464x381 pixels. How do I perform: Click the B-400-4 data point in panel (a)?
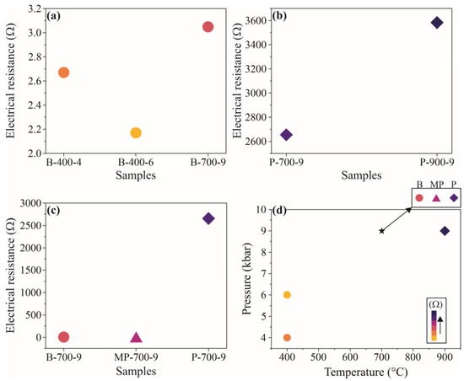pos(63,72)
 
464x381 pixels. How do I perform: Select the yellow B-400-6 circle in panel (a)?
pos(136,133)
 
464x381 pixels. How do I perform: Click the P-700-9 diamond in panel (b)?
pos(287,135)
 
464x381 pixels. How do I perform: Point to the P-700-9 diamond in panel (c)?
pos(208,219)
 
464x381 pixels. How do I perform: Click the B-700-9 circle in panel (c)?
pos(63,337)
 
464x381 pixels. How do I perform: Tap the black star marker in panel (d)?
pos(382,231)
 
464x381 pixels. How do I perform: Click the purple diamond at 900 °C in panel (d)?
pos(445,231)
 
